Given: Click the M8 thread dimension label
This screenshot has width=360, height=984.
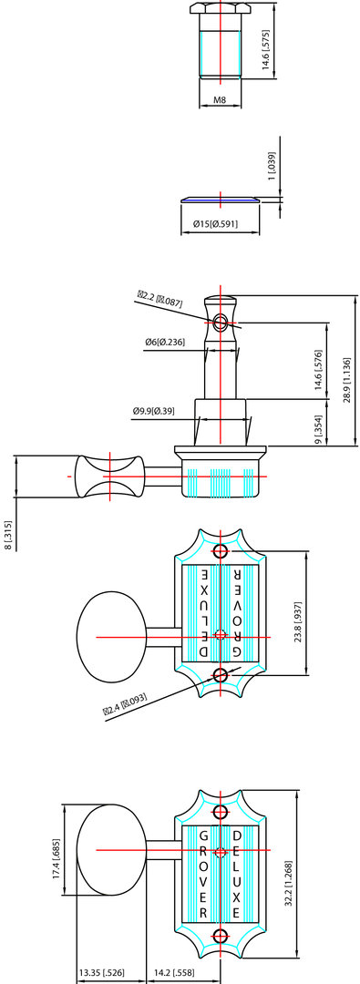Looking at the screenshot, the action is (220, 100).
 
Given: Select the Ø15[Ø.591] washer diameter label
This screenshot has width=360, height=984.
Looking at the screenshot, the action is (220, 224).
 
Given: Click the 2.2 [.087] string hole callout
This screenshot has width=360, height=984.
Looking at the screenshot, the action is (160, 298).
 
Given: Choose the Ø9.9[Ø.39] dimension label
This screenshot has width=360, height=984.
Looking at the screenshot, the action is (154, 411).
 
